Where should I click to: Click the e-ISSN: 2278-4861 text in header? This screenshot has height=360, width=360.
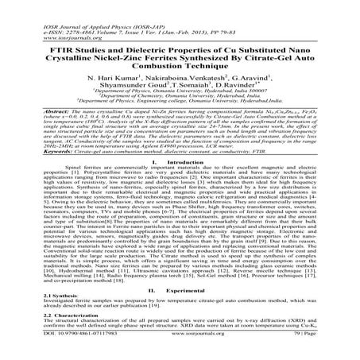pyautogui.click(x=58, y=12)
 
